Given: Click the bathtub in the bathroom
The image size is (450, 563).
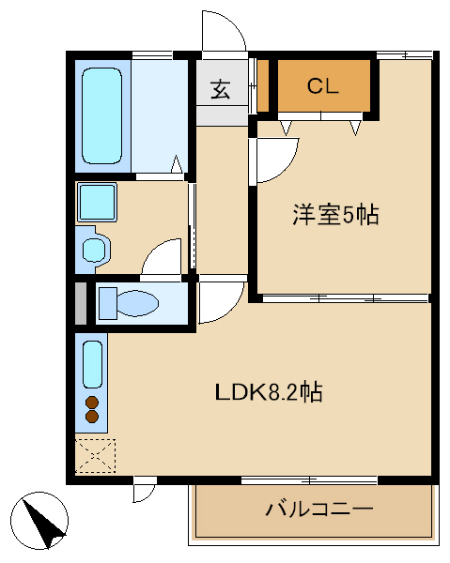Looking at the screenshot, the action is pos(102,115).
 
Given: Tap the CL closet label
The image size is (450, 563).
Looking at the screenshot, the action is pos(323,86).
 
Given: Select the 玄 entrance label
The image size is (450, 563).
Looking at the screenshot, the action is pos(221,89).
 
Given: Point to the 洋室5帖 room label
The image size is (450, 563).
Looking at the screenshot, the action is pos(335,215).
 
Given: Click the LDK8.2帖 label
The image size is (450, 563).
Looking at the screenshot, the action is pos(269,391).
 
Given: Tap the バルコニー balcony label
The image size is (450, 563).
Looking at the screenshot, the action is pos(319,509).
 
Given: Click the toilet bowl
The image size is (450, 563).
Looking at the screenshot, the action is pos(138,303).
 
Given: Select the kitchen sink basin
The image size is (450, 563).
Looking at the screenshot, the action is pos(93,364).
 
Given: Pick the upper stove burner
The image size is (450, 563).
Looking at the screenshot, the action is pos(92,403).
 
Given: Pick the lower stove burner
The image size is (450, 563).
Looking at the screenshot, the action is pos(92,416).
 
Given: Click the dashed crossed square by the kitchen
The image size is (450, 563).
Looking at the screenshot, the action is pos(95,455).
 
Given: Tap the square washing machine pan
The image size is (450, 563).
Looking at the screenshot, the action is pos(97,202).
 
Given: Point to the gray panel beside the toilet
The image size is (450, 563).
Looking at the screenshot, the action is pos(81,304).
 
